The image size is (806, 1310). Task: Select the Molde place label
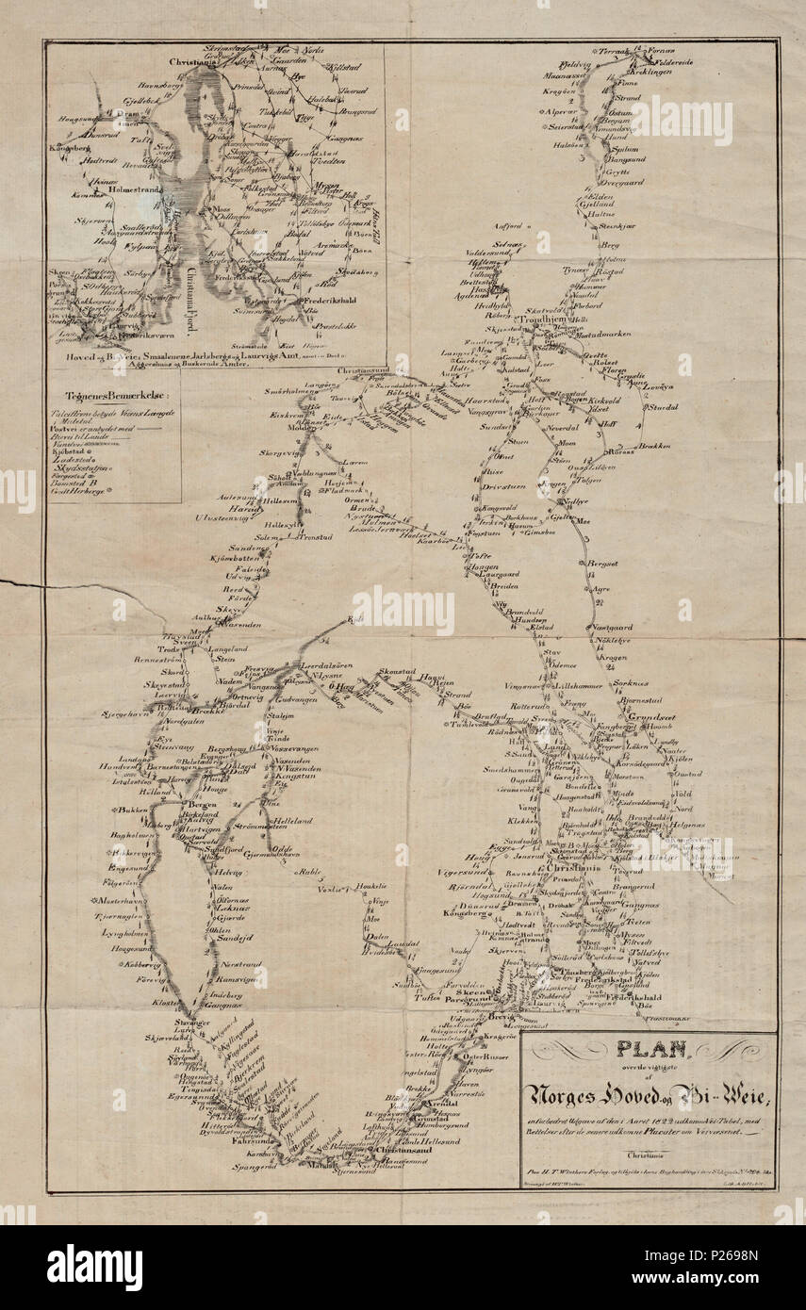[305, 427]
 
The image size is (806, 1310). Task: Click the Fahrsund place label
[246, 1140]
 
